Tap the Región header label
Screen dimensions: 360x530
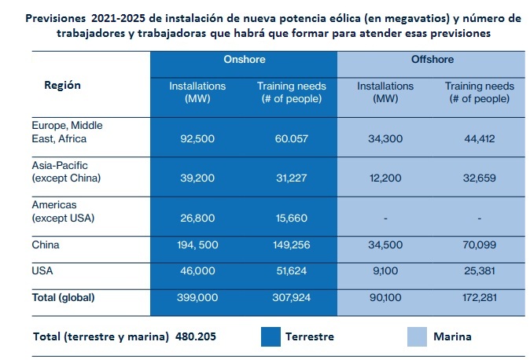61,85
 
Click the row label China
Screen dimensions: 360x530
45,244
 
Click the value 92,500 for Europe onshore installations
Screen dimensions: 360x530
196,138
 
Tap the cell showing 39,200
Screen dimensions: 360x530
196,178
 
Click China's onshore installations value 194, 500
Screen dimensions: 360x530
196,245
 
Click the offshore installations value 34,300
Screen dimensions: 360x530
385,138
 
